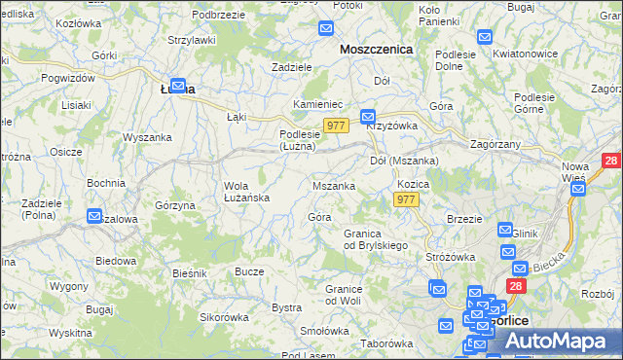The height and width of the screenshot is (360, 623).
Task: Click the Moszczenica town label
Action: [376, 48]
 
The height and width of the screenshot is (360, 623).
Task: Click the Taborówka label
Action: [386, 343]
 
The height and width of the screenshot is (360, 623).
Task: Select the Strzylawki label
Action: [191, 40]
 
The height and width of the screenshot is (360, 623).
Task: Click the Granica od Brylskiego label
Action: [376, 239]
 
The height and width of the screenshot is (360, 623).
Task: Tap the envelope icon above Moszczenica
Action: [326, 29]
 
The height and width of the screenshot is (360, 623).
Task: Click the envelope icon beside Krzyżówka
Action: [368, 117]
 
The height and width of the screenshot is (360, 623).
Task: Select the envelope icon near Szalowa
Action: [94, 216]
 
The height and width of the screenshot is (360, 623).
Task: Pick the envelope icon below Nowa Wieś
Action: [578, 188]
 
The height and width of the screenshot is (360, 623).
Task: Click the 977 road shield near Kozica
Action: [407, 199]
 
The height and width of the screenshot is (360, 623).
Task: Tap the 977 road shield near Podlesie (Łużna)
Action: [337, 126]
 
